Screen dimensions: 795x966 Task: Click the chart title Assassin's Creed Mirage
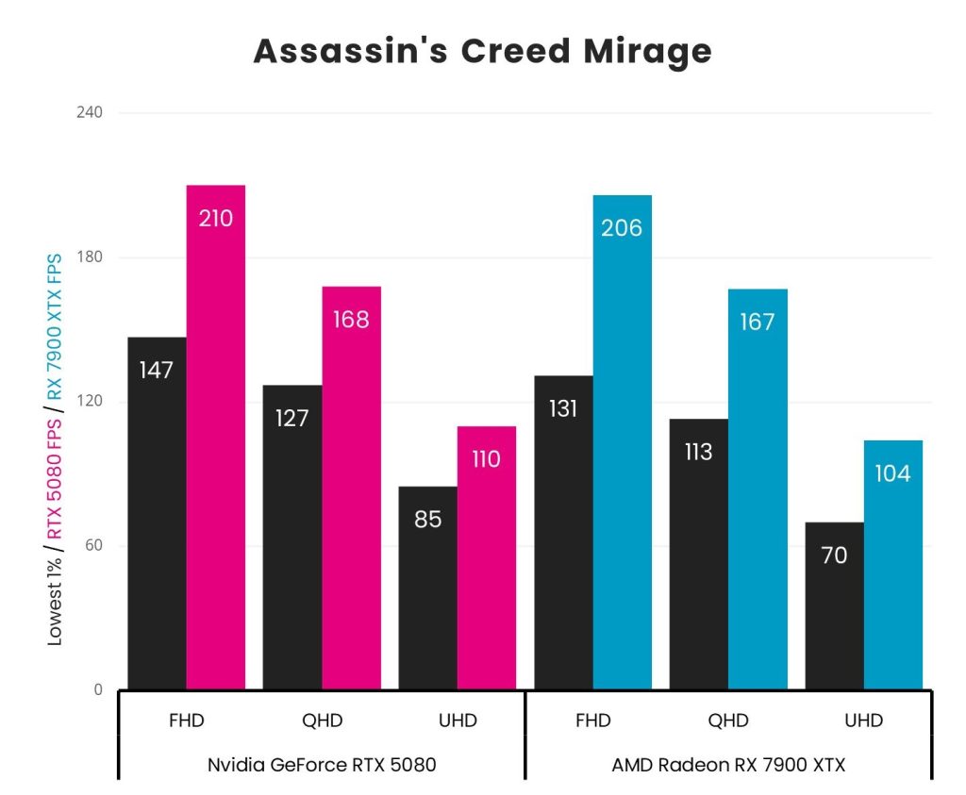pos(482,51)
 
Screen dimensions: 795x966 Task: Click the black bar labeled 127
pos(292,537)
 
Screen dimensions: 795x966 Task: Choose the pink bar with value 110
pos(487,557)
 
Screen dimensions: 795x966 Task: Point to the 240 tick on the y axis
pos(91,113)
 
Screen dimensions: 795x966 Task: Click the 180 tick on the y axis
pos(91,257)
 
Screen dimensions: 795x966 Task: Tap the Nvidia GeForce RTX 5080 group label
pos(322,765)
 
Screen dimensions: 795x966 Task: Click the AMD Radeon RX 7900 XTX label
pos(728,765)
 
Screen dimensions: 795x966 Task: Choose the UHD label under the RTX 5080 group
pos(458,721)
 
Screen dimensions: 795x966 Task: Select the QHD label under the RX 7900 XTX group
pos(728,721)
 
